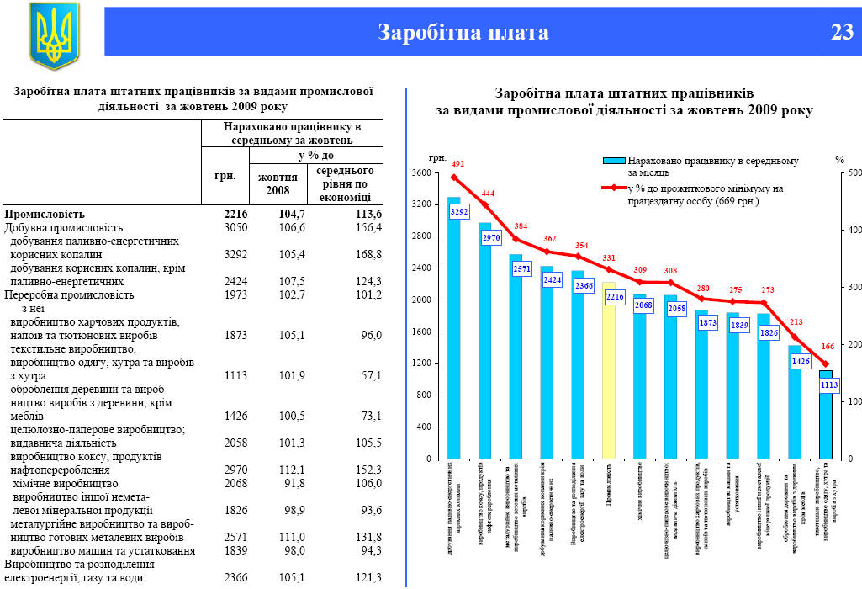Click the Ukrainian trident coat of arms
pyautogui.click(x=54, y=35)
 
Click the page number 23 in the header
pyautogui.click(x=842, y=32)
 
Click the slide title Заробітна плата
pyautogui.click(x=463, y=32)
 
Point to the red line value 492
pyautogui.click(x=457, y=164)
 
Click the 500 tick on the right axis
pyautogui.click(x=854, y=173)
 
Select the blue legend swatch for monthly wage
pyautogui.click(x=614, y=160)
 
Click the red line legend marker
pyautogui.click(x=614, y=188)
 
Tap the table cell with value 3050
pyautogui.click(x=236, y=227)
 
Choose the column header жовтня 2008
pyautogui.click(x=278, y=183)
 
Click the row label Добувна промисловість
pyautogui.click(x=64, y=227)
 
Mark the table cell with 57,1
pyautogui.click(x=368, y=374)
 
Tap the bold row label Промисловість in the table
pyautogui.click(x=45, y=215)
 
